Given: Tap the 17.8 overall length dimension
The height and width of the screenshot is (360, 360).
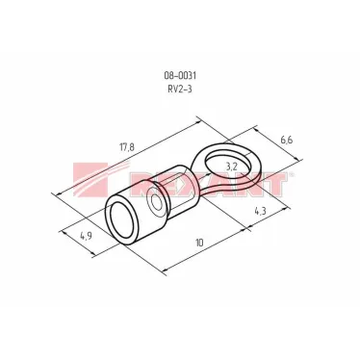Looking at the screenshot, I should point(126,146).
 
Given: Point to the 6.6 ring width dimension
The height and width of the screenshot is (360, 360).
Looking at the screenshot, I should point(284,141).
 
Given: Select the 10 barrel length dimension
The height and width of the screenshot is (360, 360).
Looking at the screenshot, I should point(198,243).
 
